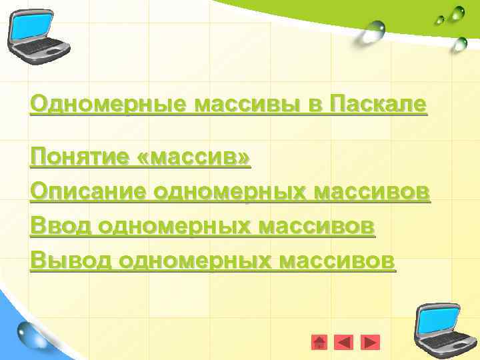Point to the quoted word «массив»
click(196, 158)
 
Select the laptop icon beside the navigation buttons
click(437, 327)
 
